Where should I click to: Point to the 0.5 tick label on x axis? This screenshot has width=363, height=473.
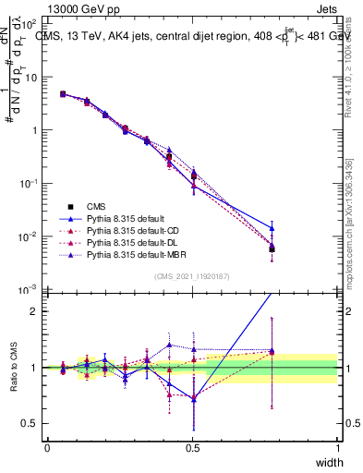click(x=192, y=446)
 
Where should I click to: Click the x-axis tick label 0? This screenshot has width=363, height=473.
click(x=47, y=446)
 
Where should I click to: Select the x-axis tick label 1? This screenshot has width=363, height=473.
click(x=337, y=446)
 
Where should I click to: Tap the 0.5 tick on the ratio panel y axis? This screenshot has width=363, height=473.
click(x=31, y=424)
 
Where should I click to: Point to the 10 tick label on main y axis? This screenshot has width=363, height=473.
click(x=31, y=77)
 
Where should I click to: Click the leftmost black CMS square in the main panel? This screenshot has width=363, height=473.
click(x=62, y=94)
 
